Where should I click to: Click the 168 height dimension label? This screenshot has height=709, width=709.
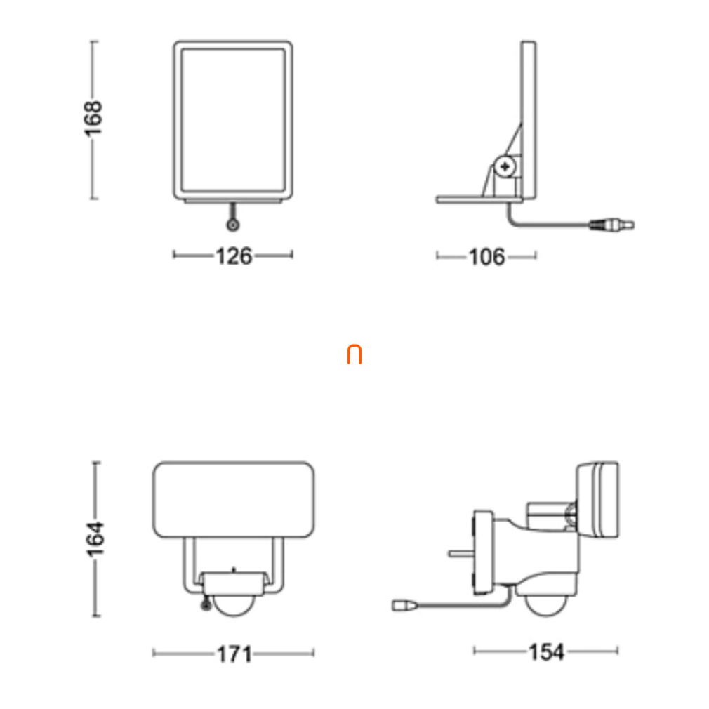coord(93,119)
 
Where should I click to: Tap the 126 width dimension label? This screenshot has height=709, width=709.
coord(234,256)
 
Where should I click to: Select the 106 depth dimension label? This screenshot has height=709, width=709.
coord(486,257)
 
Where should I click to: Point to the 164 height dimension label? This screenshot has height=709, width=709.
coord(95,538)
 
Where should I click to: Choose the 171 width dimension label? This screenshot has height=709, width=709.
coord(234,654)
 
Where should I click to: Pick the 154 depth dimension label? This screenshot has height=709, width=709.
coord(547,652)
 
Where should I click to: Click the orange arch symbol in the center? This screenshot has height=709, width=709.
coord(354,355)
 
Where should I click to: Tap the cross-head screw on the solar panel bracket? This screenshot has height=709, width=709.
coord(505,166)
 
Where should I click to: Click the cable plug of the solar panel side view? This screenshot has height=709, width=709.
coord(611,225)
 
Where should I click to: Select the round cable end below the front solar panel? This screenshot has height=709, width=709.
coord(233,225)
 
